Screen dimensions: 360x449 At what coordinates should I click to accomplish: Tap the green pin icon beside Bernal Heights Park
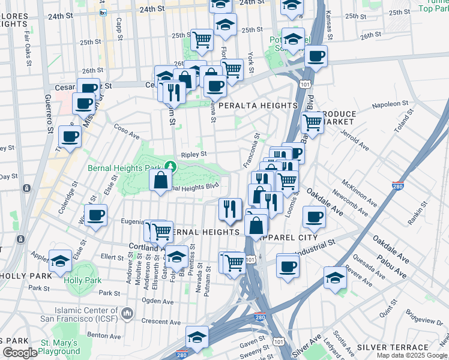click(171, 166)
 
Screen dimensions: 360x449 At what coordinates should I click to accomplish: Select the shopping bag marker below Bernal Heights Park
click(161, 180)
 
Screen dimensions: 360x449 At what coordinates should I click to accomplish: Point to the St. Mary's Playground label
click(60, 346)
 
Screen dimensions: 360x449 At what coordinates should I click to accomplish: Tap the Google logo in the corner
click(20, 353)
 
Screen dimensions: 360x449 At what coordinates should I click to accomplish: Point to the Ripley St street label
click(193, 154)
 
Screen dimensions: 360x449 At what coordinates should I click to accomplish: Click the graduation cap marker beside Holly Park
click(61, 262)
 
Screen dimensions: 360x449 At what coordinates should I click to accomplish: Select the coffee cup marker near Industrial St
click(288, 266)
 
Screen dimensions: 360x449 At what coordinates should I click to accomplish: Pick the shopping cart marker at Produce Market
click(312, 123)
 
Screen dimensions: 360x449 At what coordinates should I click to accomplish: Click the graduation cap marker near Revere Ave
click(335, 278)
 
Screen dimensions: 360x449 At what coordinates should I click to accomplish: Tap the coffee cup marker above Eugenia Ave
click(95, 215)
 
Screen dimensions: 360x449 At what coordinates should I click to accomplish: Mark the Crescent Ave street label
click(161, 322)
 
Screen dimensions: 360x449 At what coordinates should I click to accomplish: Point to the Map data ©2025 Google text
click(412, 355)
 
